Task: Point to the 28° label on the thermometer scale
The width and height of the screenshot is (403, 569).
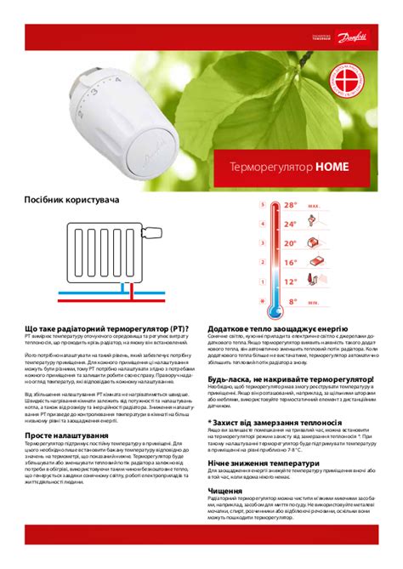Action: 290,205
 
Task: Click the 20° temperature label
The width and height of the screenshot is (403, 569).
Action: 290,243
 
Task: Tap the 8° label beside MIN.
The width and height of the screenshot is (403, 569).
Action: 292,301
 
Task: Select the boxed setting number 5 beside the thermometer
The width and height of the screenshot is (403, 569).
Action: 264,205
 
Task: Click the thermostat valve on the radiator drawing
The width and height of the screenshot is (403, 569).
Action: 153,230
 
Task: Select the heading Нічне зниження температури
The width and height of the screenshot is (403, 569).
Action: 263,463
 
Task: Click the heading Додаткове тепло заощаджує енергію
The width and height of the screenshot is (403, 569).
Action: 278,327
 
